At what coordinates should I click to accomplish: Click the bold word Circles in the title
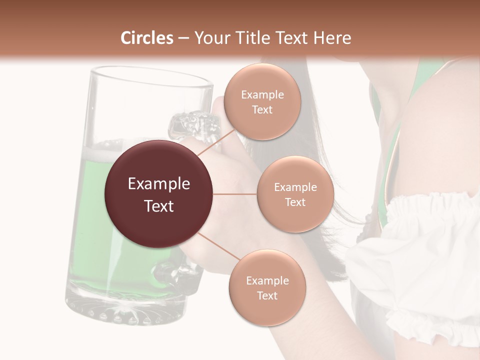146,38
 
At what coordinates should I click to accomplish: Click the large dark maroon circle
158,194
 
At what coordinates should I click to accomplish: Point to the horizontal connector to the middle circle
235,194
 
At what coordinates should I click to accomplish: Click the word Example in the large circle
158,184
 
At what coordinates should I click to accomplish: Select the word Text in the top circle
262,109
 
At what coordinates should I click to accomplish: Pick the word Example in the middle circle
295,187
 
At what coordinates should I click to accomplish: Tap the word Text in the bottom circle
267,295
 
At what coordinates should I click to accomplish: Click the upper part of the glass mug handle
192,122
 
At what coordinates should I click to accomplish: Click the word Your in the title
210,38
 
